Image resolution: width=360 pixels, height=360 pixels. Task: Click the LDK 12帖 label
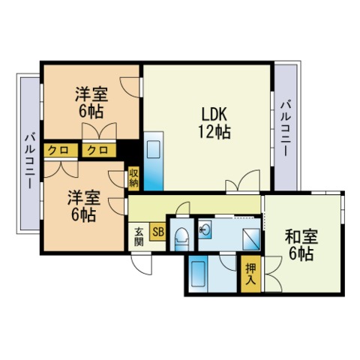click(x=214, y=122)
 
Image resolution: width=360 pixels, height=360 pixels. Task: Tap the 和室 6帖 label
click(x=301, y=245)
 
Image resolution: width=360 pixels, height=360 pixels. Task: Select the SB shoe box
click(x=157, y=232)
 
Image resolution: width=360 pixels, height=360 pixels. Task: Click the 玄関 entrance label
click(x=139, y=237)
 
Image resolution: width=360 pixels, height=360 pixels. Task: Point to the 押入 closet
click(x=250, y=274)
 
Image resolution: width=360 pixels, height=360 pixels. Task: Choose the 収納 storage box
click(x=133, y=178)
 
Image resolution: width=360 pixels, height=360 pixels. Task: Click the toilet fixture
click(x=181, y=239)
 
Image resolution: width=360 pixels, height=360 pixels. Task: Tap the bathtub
click(x=198, y=274)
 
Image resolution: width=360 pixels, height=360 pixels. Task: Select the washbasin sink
click(x=205, y=229)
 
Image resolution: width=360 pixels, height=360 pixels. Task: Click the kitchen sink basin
click(x=154, y=149)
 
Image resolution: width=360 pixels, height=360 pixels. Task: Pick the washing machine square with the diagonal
click(x=251, y=239)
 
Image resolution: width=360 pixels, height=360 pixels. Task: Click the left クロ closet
click(x=61, y=150)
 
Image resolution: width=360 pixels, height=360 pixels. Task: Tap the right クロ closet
click(x=99, y=150)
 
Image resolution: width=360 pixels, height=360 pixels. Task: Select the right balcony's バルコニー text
click(x=285, y=128)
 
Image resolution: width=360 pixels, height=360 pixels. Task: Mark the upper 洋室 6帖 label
click(x=91, y=102)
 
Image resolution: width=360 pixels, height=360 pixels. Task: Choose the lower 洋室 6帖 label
click(x=84, y=206)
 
